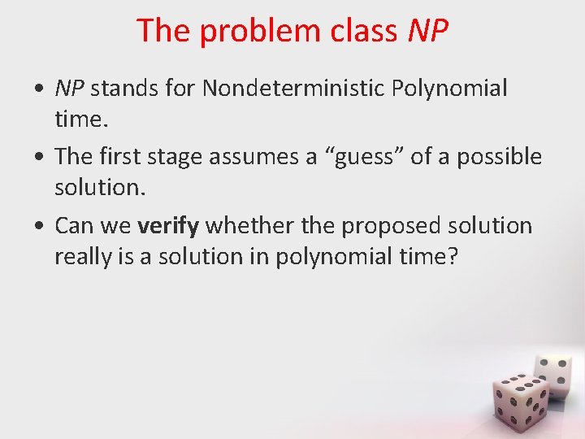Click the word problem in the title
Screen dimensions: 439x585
coord(253,32)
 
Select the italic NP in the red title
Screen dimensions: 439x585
coord(427,32)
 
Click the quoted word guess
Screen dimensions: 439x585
coord(362,157)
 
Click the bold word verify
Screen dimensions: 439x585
coord(168,226)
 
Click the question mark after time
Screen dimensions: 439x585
coord(453,257)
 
